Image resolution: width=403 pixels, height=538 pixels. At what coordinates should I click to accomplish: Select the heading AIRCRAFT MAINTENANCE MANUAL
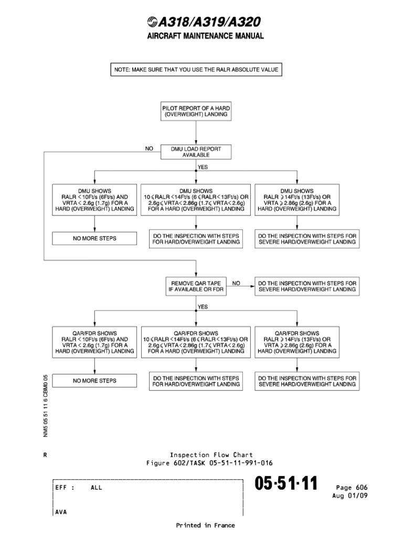pyautogui.click(x=201, y=36)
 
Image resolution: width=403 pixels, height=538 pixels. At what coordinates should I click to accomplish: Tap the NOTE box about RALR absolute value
pyautogui.click(x=196, y=70)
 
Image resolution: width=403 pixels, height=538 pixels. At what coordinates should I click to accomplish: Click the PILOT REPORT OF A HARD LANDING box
pyautogui.click(x=195, y=111)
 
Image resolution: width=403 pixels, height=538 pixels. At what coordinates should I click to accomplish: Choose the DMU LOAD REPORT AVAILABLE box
pyautogui.click(x=196, y=152)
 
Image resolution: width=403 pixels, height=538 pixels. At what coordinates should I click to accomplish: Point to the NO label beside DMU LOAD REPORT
pyautogui.click(x=149, y=149)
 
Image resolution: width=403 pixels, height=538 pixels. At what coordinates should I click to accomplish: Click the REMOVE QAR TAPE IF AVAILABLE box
pyautogui.click(x=196, y=286)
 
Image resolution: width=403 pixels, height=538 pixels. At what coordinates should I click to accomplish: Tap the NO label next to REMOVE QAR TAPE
pyautogui.click(x=236, y=283)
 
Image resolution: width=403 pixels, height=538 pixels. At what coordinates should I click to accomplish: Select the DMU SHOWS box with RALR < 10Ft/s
pyautogui.click(x=94, y=200)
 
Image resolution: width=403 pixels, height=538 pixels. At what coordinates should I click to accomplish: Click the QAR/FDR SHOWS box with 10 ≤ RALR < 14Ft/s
pyautogui.click(x=196, y=342)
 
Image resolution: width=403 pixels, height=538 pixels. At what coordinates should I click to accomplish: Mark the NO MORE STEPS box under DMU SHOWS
pyautogui.click(x=94, y=239)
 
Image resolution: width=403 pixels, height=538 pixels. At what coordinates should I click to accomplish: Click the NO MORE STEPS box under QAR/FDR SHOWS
pyautogui.click(x=94, y=380)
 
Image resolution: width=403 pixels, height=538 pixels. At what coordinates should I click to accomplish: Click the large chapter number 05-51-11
pyautogui.click(x=287, y=484)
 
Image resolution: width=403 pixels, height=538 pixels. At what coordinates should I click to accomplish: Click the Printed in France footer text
pyautogui.click(x=205, y=525)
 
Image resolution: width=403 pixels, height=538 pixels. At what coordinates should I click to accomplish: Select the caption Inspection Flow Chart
pyautogui.click(x=211, y=455)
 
